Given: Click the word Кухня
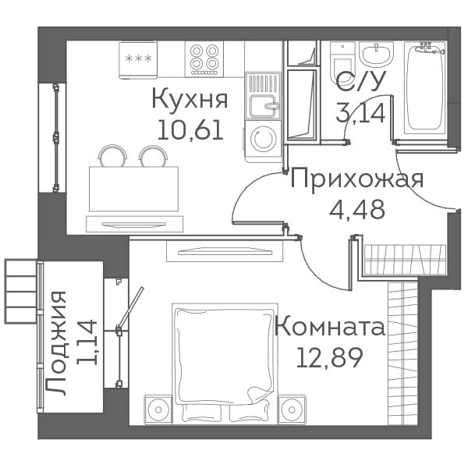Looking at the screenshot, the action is click(x=190, y=100).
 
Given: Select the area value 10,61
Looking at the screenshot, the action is click(x=190, y=129).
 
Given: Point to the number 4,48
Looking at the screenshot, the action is click(x=356, y=209).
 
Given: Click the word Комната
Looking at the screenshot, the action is click(x=330, y=326).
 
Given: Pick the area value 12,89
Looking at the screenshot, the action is click(x=329, y=357).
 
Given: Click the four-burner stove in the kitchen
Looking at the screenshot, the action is click(x=204, y=59).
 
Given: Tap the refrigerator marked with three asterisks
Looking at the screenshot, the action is click(x=138, y=60).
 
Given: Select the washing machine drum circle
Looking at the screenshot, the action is click(x=262, y=140).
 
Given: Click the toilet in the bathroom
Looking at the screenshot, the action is click(x=342, y=62).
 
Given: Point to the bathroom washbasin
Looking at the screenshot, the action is click(x=376, y=53).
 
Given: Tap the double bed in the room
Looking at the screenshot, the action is click(x=225, y=363).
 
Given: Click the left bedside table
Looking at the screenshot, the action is click(x=158, y=409).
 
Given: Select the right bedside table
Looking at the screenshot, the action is click(x=292, y=409).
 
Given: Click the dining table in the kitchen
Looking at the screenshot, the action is click(x=133, y=189).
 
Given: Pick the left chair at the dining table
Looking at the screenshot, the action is click(x=112, y=155).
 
